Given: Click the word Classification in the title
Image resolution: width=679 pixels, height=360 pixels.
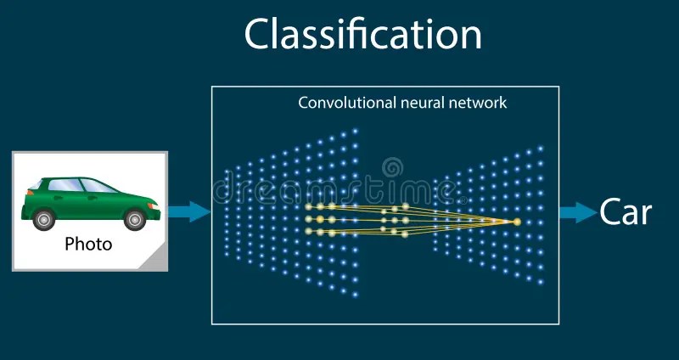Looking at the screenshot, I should click(363, 35).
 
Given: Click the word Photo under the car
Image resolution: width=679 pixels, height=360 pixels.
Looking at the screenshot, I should click(88, 245).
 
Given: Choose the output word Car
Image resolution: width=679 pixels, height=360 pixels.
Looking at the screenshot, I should click(626, 211).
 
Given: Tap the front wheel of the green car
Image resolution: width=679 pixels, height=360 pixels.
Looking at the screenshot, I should click(134, 219).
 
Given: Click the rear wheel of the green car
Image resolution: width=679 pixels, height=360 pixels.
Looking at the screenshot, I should click(44, 219).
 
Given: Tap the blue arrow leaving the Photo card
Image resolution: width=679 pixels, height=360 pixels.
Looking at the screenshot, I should click(188, 211).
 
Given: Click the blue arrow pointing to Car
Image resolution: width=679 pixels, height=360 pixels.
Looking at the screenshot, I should click(577, 211).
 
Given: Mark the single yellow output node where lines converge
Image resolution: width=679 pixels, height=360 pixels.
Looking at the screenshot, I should click(517, 222).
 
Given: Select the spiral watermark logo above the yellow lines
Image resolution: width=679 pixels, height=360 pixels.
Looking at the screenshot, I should click(392, 168).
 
